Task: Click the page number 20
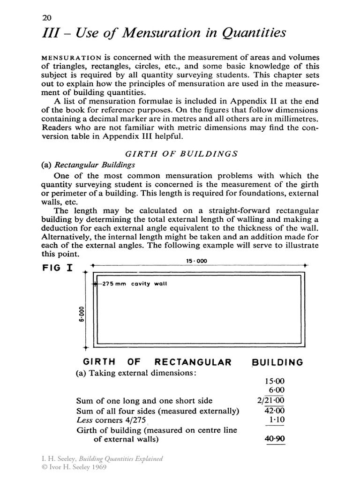coord(46,18)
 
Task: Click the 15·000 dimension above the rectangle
coord(196,261)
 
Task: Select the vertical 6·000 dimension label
coord(81,314)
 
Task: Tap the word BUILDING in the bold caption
coord(277,362)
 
